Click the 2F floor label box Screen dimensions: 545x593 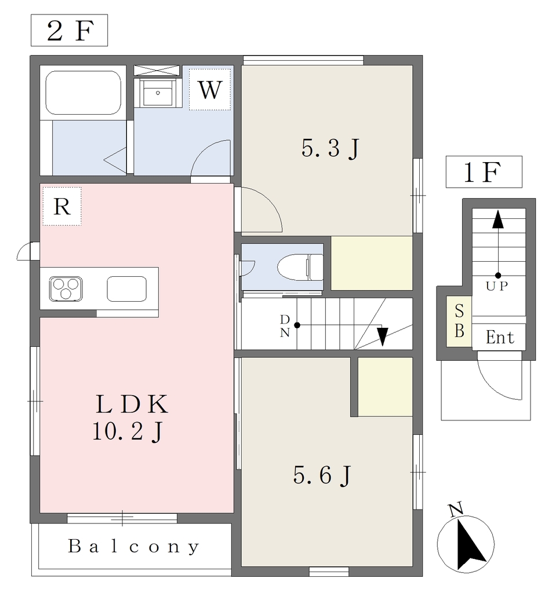pos(70,30)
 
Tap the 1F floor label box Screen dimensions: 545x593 pos(484,171)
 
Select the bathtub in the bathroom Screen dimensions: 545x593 pos(83,93)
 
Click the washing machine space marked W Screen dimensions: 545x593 pos(210,90)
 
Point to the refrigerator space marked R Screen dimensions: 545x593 pos(61,207)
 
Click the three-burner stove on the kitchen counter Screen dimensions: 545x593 pos(66,289)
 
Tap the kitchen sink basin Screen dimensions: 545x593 pos(126,289)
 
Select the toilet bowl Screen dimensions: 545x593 pos(300,267)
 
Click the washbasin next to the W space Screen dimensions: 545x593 pos(158,92)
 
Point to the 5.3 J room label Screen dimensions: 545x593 pos(330,148)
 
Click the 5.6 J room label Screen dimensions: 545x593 pos(322,475)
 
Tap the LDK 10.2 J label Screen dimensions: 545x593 pos(130,417)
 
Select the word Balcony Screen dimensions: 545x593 pos(134,547)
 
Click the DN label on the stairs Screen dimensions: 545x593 pos(285,326)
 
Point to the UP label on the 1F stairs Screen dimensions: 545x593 pos(496,286)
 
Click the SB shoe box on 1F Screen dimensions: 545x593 pos(459,321)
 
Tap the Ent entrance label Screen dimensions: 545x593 pos(500,337)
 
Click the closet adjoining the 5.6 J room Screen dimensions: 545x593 pos(385,387)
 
